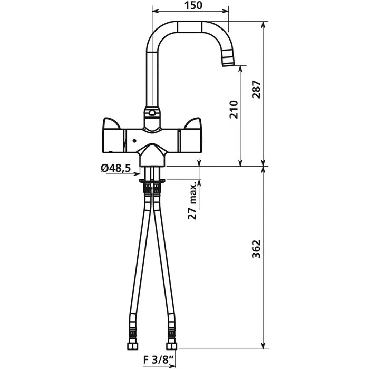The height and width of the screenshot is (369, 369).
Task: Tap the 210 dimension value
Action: point(235,109)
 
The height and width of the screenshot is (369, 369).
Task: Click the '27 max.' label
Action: point(193,200)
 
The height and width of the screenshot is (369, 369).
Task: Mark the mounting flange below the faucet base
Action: point(152,180)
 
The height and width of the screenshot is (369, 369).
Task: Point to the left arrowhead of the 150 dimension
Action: point(154,11)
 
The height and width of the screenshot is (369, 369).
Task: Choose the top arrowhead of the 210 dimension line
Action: point(241,68)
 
